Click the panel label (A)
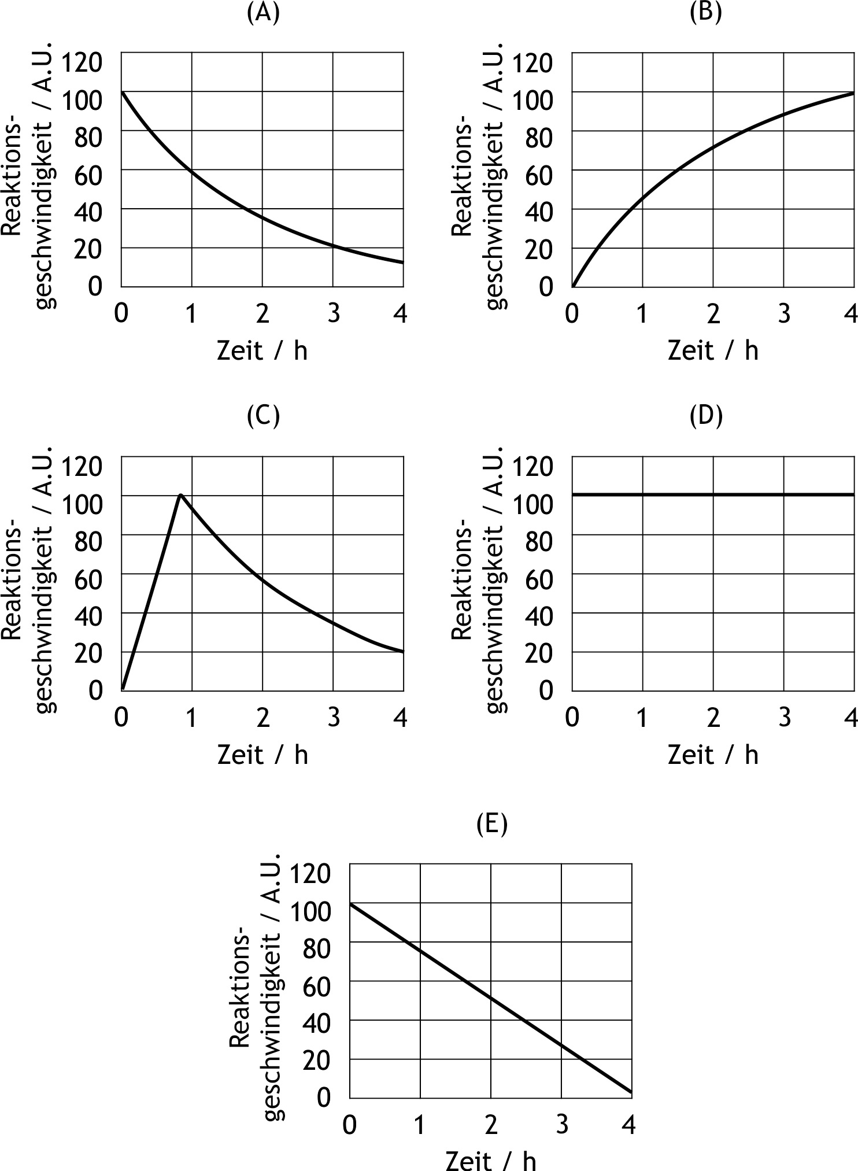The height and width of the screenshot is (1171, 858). click(263, 13)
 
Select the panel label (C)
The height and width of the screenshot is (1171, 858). click(263, 416)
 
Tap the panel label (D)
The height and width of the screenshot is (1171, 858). click(706, 416)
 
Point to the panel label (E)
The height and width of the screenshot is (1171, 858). click(491, 824)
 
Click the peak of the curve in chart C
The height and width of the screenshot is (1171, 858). click(181, 494)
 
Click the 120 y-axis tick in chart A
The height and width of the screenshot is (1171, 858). click(82, 62)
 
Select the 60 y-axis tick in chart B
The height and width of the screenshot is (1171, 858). click(539, 175)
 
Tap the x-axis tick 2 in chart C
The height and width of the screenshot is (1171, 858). click(263, 718)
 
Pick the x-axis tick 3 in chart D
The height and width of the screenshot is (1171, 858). click(784, 718)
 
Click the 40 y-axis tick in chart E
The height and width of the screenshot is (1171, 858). click(316, 1024)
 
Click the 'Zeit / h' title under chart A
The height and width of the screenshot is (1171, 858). click(262, 351)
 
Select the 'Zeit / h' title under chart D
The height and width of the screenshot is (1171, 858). click(713, 755)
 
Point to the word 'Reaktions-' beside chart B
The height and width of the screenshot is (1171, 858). click(461, 179)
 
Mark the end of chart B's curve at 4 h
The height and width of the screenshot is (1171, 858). click(853, 93)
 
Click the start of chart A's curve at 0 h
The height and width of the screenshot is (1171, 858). click(122, 92)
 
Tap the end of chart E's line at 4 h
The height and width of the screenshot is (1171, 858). click(631, 1092)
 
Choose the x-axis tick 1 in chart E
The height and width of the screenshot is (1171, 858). click(420, 1125)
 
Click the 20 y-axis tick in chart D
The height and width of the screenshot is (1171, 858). click(539, 653)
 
